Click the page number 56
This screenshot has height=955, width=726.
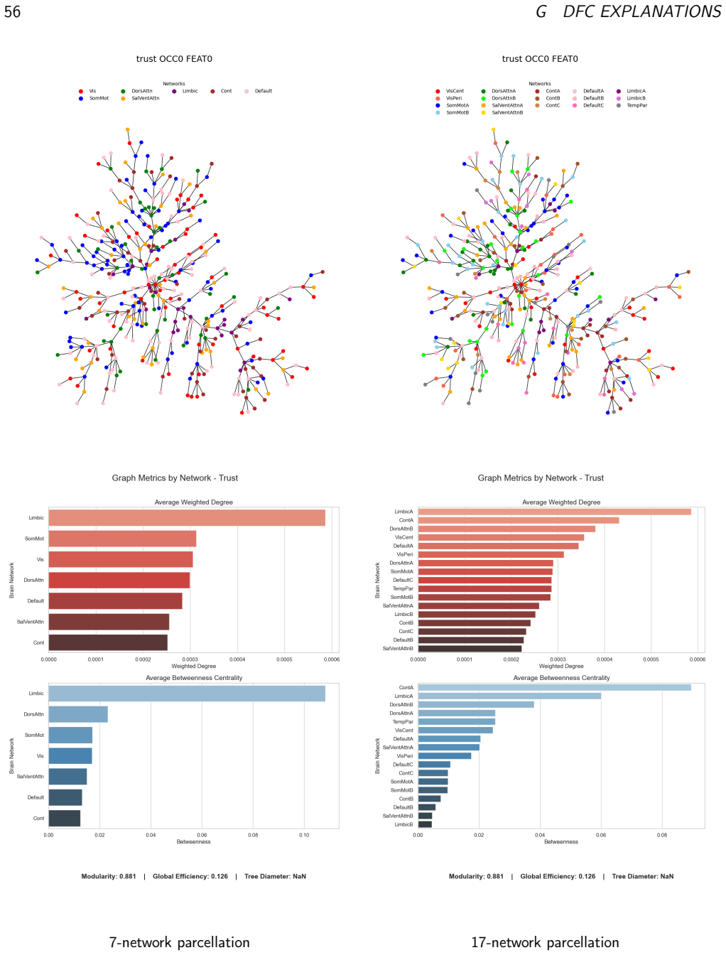coord(12,12)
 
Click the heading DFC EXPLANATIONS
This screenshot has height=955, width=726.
coord(641,12)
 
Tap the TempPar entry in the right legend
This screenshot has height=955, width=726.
coord(632,105)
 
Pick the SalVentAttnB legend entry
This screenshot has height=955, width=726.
coord(503,113)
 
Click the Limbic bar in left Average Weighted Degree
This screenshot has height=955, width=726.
coord(187,517)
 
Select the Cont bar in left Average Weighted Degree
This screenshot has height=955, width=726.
coord(108,642)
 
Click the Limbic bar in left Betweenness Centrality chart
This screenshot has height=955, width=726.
coord(187,693)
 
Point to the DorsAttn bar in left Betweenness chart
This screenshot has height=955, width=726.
coord(78,714)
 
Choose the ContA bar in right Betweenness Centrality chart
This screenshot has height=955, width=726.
coord(554,687)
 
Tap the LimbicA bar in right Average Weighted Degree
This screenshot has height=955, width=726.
coord(554,512)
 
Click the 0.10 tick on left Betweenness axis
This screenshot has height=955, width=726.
coord(304,835)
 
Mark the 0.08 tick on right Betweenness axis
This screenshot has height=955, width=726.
coord(661,835)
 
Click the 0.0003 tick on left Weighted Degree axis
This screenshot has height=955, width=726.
coord(190,659)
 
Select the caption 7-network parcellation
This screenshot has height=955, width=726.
coord(179,942)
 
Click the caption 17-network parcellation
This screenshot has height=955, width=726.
coord(545,942)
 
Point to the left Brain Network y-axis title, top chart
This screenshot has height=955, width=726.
coord(12,580)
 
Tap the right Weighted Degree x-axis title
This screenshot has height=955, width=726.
coord(561,666)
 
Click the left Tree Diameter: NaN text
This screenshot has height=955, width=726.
coord(275,876)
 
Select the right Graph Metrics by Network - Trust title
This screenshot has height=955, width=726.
coord(541,477)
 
